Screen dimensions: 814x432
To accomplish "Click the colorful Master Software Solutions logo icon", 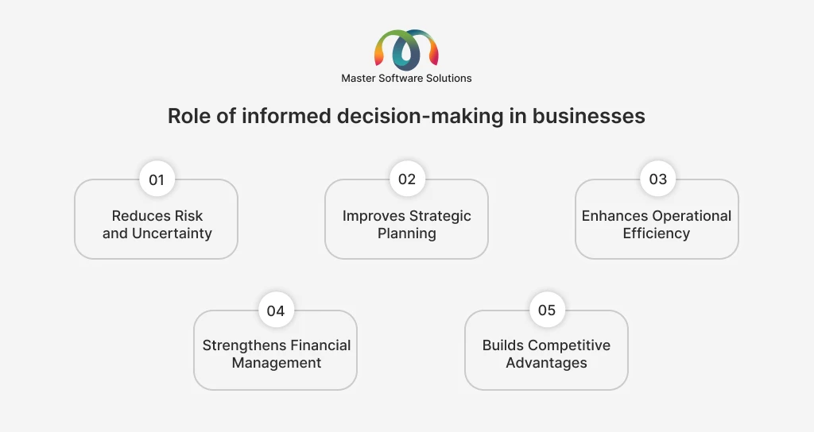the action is click(406, 50).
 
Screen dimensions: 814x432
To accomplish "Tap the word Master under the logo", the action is click(359, 79).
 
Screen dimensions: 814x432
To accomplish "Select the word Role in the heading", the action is click(189, 116).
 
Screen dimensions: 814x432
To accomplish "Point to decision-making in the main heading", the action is click(420, 116).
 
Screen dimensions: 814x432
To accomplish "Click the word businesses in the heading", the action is click(589, 116).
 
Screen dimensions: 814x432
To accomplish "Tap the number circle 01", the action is click(157, 179).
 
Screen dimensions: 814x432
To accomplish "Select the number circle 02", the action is click(407, 179).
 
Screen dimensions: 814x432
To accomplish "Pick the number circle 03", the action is click(657, 179).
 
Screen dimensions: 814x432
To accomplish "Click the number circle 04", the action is click(276, 310).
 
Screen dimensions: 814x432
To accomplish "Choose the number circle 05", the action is click(547, 310).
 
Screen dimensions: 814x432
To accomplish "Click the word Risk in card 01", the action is click(188, 216).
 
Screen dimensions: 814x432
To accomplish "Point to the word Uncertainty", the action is click(172, 233).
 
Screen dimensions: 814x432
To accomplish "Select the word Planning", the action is click(407, 233).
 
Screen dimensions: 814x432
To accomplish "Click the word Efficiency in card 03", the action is click(656, 233).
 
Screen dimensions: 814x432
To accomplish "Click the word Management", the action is click(277, 363).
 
